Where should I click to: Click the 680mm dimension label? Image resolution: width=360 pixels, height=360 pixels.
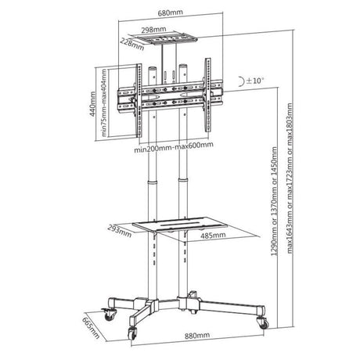tap(171, 13)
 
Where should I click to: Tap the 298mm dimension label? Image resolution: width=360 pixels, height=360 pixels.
tap(153, 30)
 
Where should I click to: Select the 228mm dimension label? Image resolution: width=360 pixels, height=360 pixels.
tap(132, 44)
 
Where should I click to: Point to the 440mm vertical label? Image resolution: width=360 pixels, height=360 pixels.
tap(92, 104)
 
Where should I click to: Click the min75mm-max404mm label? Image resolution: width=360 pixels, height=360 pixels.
tap(104, 103)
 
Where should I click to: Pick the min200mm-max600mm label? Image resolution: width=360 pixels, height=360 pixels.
tap(174, 148)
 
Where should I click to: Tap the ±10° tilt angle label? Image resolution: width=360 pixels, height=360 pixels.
tap(254, 81)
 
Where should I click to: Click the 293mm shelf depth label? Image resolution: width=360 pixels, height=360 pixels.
tap(120, 231)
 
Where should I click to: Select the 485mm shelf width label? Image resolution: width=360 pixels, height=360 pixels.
tap(213, 236)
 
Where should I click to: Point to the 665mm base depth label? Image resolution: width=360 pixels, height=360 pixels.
tap(91, 328)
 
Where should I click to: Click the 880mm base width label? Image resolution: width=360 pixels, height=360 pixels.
tap(197, 336)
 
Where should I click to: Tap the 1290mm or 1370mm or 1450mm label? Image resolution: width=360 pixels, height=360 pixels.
tap(275, 201)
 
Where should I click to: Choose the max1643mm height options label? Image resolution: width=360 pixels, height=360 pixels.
tap(290, 178)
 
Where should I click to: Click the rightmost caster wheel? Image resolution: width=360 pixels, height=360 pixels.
tap(263, 323)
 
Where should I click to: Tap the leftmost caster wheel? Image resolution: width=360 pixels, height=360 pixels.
tap(109, 315)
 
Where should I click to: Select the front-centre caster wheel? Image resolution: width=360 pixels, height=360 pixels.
tap(132, 333)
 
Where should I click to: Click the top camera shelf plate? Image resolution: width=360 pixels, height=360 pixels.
tap(163, 38)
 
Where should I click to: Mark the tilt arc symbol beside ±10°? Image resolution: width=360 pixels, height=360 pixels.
tap(242, 81)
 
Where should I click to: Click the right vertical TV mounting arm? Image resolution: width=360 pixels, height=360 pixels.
tap(207, 95)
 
